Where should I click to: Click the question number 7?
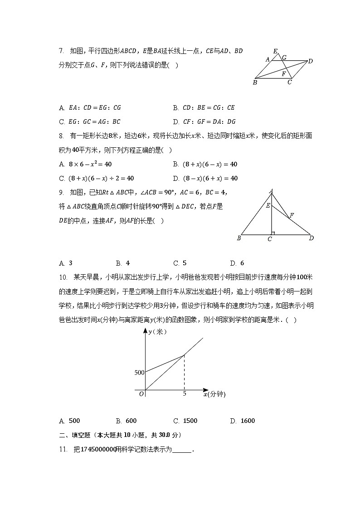pyautogui.click(x=61, y=51)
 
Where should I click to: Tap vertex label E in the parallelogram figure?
pyautogui.click(x=275, y=51)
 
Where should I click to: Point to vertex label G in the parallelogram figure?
pyautogui.click(x=284, y=58)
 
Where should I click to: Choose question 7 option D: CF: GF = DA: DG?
pyautogui.click(x=204, y=121)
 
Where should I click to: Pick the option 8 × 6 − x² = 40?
pyautogui.click(x=85, y=165)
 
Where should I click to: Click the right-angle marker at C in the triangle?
pyautogui.click(x=273, y=233)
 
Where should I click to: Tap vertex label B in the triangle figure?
pyautogui.click(x=239, y=238)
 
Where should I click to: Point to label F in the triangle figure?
pyautogui.click(x=292, y=215)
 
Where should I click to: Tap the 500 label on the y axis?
pyautogui.click(x=139, y=373)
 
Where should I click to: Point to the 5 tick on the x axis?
pyautogui.click(x=185, y=394)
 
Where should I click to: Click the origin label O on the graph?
pyautogui.click(x=141, y=394)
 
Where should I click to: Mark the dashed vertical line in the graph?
pyautogui.click(x=184, y=372)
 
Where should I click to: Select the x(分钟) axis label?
pyautogui.click(x=214, y=394)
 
